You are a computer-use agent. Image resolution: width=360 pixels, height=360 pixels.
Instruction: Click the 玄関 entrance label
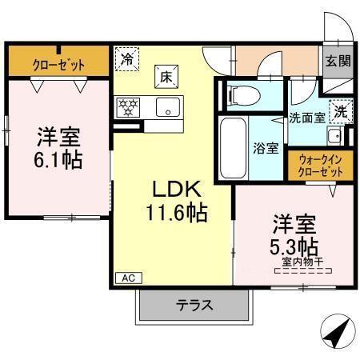pyautogui.click(x=337, y=61)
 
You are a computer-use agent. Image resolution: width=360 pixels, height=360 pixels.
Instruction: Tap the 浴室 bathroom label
pyautogui.click(x=266, y=147)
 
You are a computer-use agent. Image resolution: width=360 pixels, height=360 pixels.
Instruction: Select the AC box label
pyautogui.click(x=127, y=278)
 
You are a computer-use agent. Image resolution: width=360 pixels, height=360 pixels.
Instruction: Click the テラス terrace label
pyautogui.click(x=194, y=304)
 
